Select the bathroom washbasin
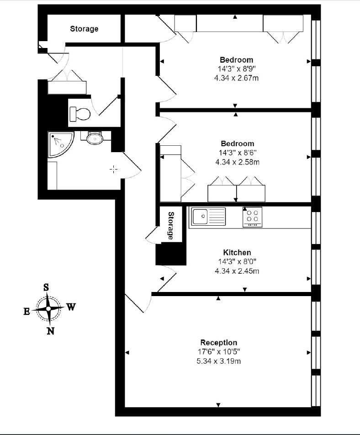pyautogui.click(x=95, y=138)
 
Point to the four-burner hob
pyautogui.click(x=252, y=217)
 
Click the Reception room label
pyautogui.click(x=218, y=342)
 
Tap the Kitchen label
pyautogui.click(x=237, y=252)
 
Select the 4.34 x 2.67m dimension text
pyautogui.click(x=236, y=78)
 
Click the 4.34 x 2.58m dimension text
pyautogui.click(x=238, y=162)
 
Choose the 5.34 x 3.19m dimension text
pyautogui.click(x=218, y=361)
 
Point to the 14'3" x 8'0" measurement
pyautogui.click(x=237, y=261)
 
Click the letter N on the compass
pyautogui.click(x=50, y=331)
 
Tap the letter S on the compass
pyautogui.click(x=46, y=287)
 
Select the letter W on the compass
pyautogui.click(x=71, y=307)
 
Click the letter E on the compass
pyautogui.click(x=26, y=312)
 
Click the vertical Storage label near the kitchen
pyautogui.click(x=171, y=226)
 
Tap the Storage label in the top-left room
pyautogui.click(x=84, y=29)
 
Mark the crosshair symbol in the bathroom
pyautogui.click(x=113, y=169)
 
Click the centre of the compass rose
pyautogui.click(x=48, y=309)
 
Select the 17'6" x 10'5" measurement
pyautogui.click(x=218, y=352)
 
